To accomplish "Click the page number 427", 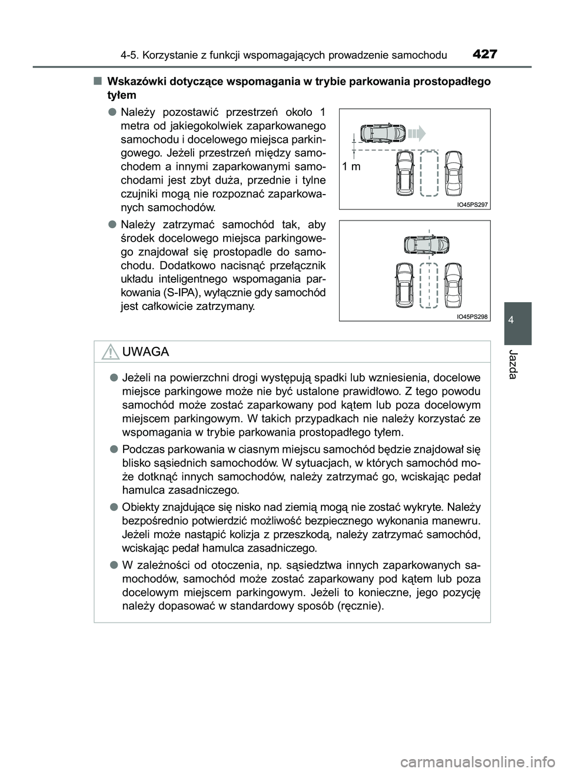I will coord(484,55).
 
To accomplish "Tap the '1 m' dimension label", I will coord(352,166).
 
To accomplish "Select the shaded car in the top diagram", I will coord(383,133).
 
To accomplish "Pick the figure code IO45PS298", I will coord(473,316).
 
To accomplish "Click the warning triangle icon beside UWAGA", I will coord(109,352).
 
